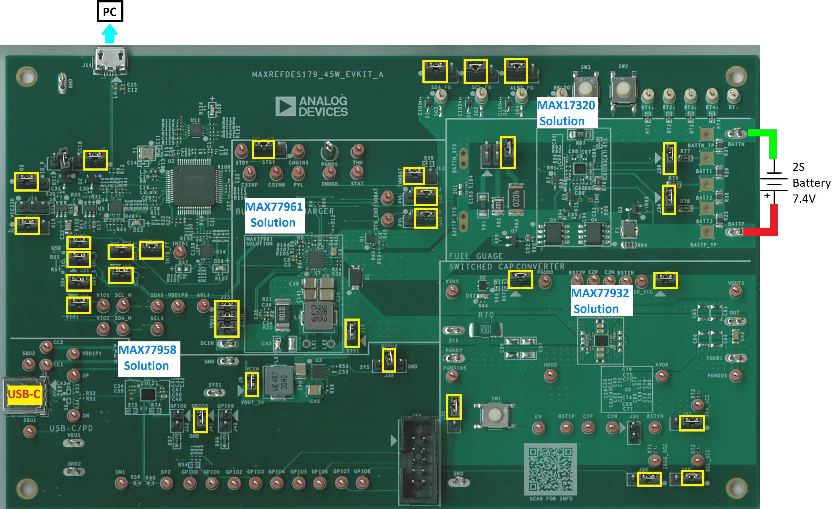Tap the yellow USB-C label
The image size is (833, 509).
pyautogui.click(x=24, y=394)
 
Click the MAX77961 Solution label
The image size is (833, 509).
pyautogui.click(x=273, y=215)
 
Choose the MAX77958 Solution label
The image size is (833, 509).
pyautogui.click(x=147, y=358)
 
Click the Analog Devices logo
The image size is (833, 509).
pyautogui.click(x=311, y=106)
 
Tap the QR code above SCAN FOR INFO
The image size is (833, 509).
pyautogui.click(x=550, y=468)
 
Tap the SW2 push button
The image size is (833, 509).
pyautogui.click(x=623, y=89)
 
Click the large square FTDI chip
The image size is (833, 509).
pyautogui.click(x=194, y=186)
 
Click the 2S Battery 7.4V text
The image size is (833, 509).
pyautogui.click(x=811, y=183)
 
